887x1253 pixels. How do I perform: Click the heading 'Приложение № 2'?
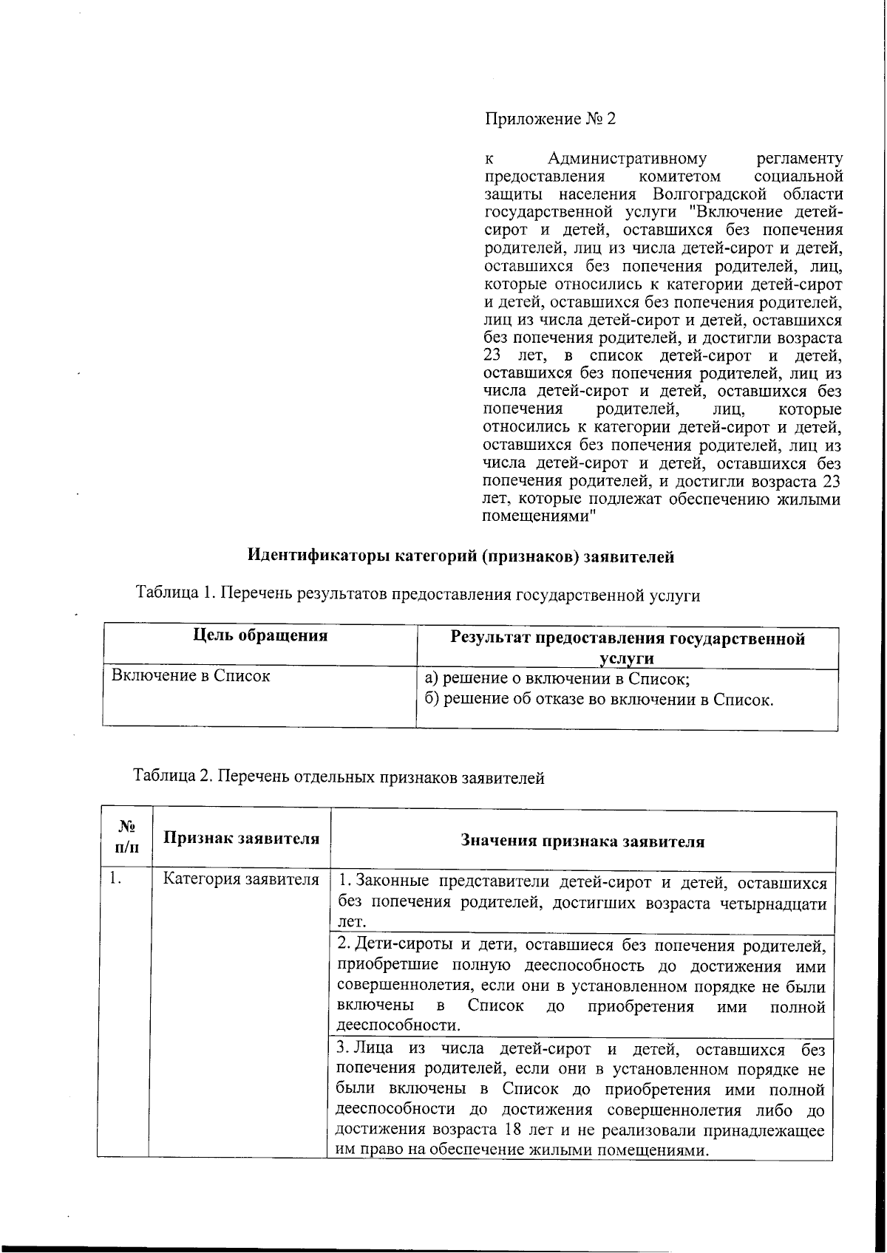pyautogui.click(x=550, y=119)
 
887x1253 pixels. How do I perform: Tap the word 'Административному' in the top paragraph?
pyautogui.click(x=627, y=158)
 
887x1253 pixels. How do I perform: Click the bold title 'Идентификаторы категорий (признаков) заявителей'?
pyautogui.click(x=460, y=556)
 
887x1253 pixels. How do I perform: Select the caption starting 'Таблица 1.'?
pyautogui.click(x=418, y=593)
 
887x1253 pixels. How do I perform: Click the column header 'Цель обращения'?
pyautogui.click(x=260, y=635)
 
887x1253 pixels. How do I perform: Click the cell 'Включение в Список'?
pyautogui.click(x=190, y=675)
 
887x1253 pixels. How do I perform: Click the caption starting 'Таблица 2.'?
pyautogui.click(x=339, y=777)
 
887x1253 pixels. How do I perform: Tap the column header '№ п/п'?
pyautogui.click(x=126, y=839)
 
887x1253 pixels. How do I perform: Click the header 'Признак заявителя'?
pyautogui.click(x=241, y=838)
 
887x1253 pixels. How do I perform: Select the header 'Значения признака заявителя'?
pyautogui.click(x=582, y=841)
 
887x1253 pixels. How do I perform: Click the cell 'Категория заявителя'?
pyautogui.click(x=241, y=879)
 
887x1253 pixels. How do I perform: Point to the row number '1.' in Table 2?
pyautogui.click(x=115, y=879)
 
